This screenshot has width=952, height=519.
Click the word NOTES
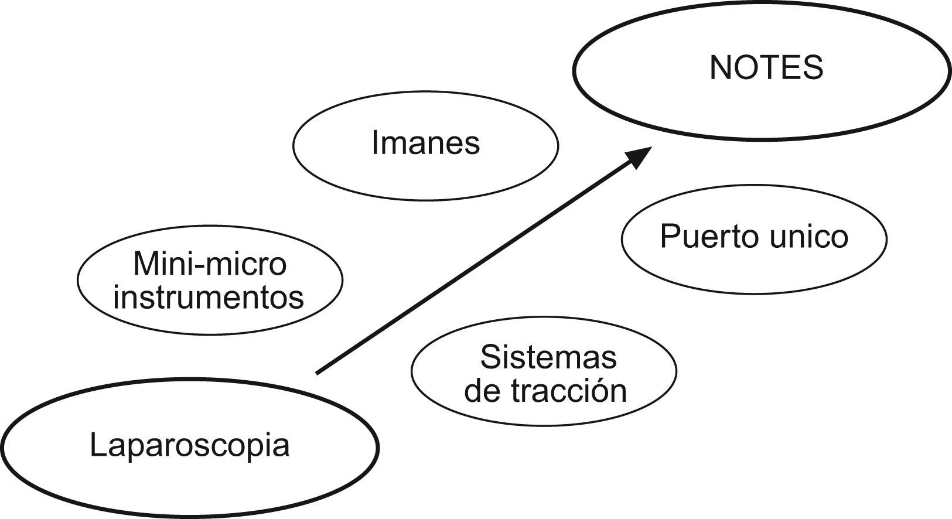(766, 68)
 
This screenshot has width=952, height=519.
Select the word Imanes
(426, 142)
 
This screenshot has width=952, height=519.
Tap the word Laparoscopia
(190, 445)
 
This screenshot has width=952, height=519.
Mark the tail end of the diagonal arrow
(318, 372)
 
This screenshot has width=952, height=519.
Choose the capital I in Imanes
(375, 142)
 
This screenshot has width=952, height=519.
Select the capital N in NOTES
(720, 68)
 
